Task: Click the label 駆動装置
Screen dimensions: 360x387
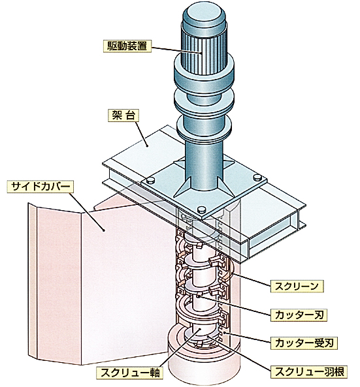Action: coord(127,46)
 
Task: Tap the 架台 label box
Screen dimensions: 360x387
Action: coord(123,116)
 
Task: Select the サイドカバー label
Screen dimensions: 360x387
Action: coord(41,187)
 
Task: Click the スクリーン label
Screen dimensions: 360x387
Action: coord(297,286)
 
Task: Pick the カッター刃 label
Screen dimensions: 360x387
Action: coord(299,315)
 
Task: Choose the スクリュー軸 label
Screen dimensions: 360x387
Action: coord(130,373)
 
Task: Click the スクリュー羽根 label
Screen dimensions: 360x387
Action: coord(309,372)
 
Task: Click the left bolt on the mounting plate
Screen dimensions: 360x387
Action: coord(150,180)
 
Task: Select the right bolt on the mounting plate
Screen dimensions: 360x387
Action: coord(257,178)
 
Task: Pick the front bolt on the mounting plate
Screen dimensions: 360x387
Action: coord(202,209)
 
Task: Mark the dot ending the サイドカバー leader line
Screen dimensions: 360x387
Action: coord(104,230)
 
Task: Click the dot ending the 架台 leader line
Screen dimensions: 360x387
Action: coord(147,146)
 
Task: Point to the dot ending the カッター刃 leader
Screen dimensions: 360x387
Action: coord(198,296)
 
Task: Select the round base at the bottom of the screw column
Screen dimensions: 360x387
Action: coord(203,358)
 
